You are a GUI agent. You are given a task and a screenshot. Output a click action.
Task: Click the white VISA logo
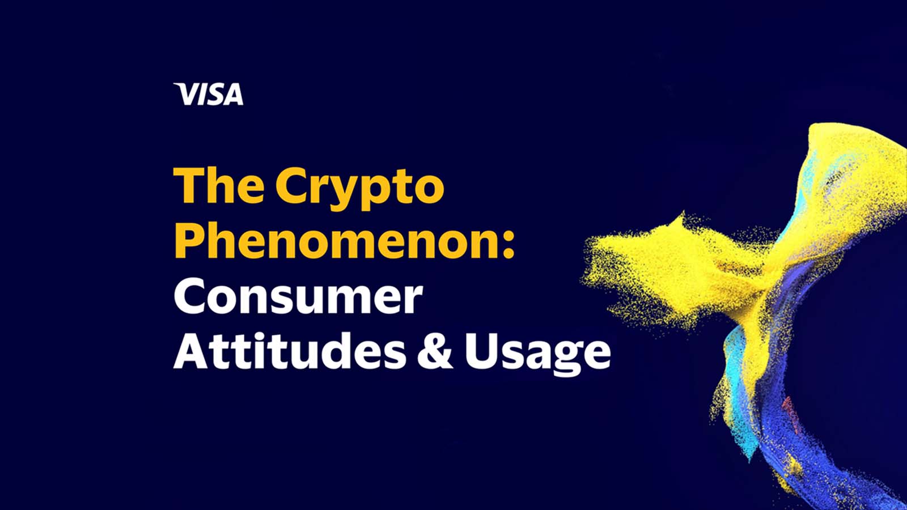(x=209, y=94)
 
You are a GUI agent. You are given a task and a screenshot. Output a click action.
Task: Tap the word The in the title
(x=219, y=185)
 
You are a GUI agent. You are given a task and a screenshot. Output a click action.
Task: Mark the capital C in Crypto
(x=291, y=185)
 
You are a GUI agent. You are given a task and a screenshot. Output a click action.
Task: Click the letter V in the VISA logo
(x=185, y=94)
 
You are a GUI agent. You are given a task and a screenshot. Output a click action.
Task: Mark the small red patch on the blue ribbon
(x=789, y=409)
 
